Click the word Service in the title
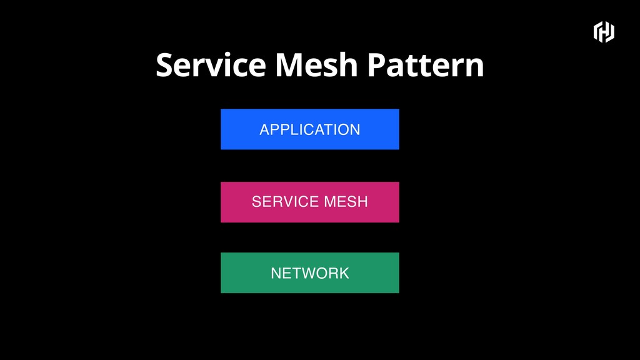[211, 65]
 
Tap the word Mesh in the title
[317, 65]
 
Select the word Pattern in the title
[426, 65]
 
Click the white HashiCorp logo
[604, 32]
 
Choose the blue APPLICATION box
[310, 129]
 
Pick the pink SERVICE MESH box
[310, 202]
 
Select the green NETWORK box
[310, 272]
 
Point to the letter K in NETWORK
[344, 273]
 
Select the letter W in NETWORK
[305, 273]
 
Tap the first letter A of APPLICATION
[265, 130]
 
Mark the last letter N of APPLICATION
[355, 130]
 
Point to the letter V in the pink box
[290, 202]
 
